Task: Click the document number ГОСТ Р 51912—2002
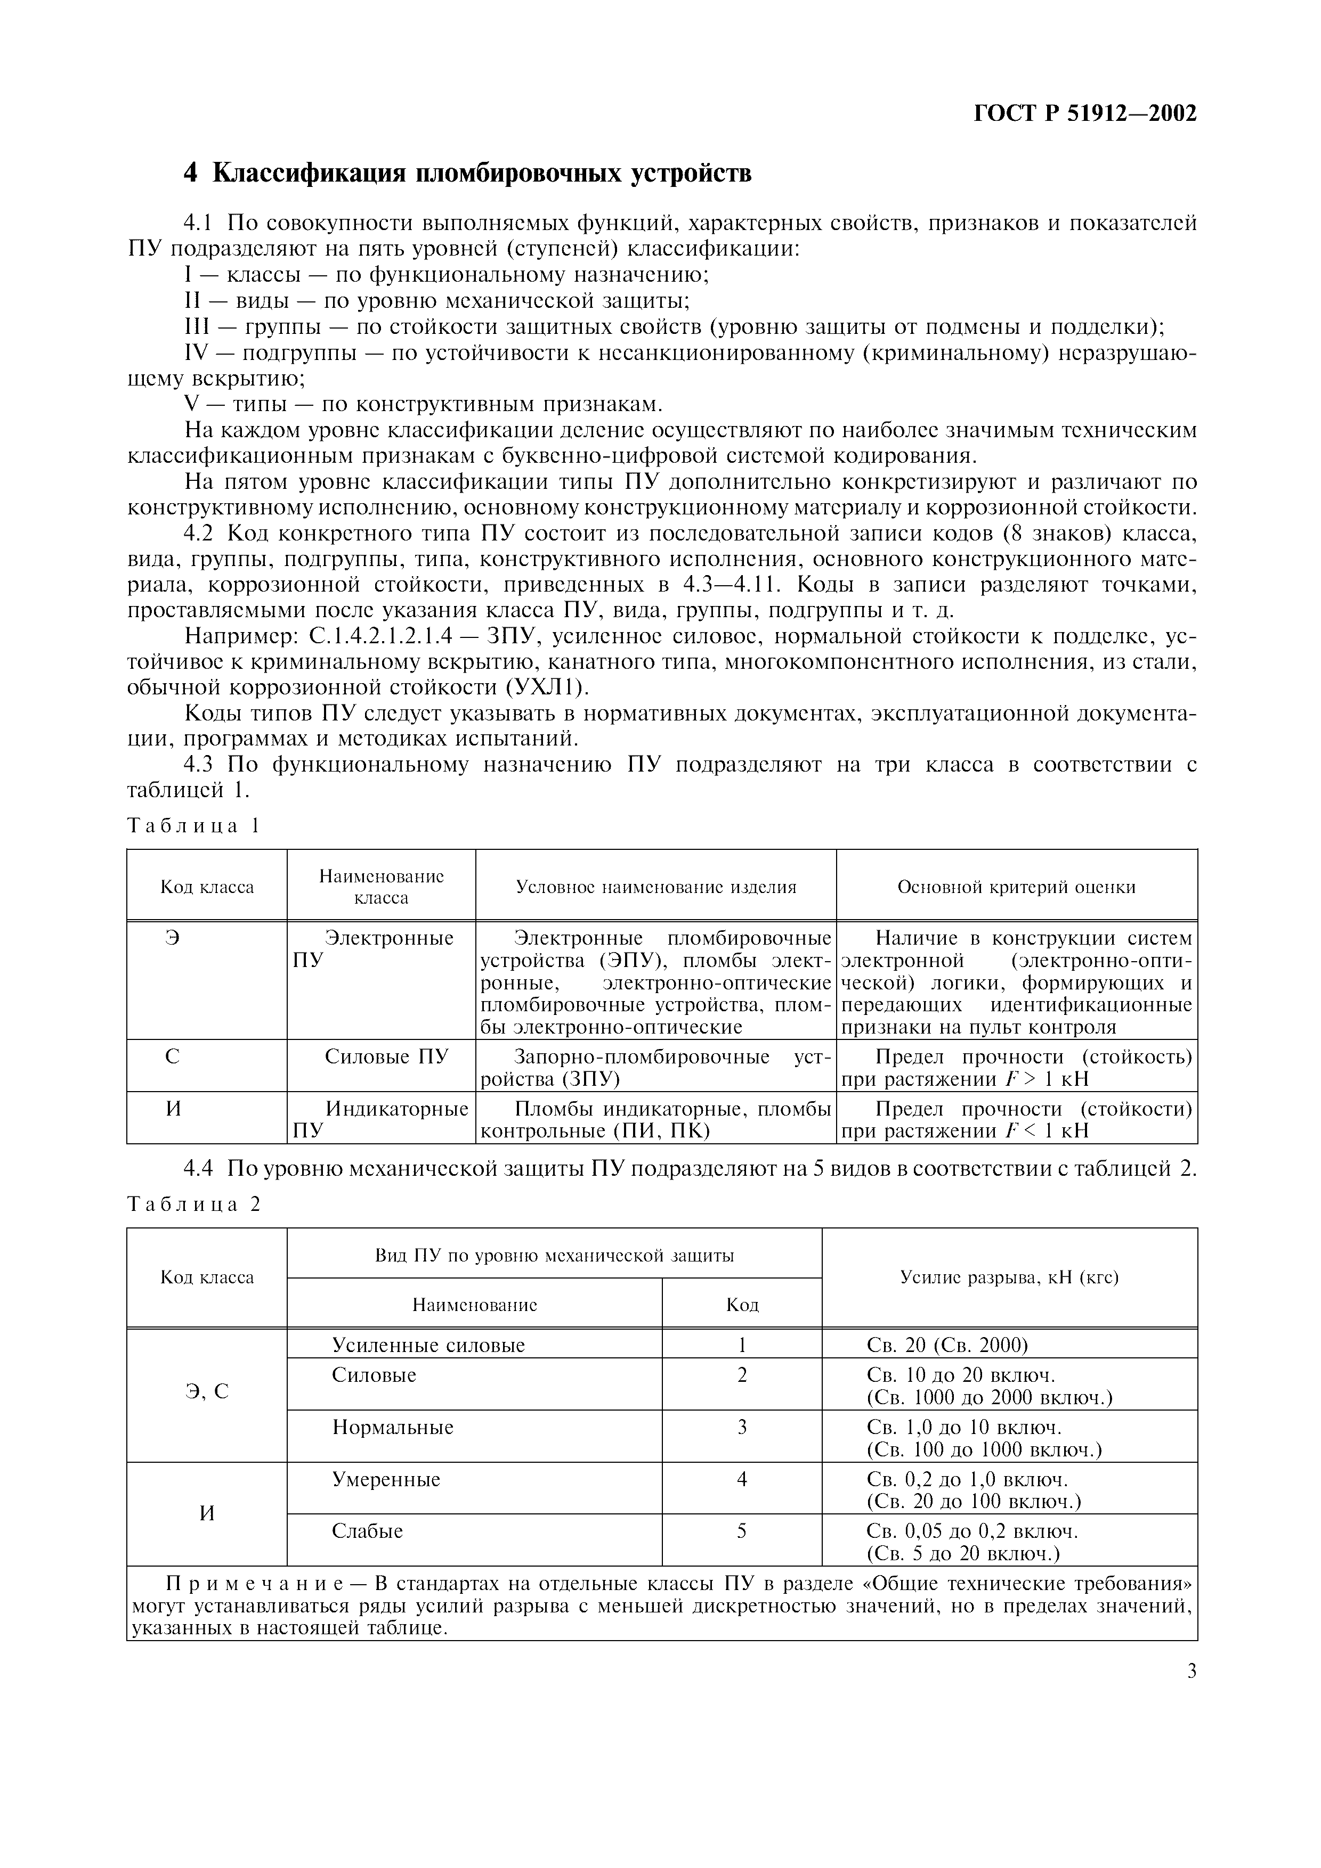[1085, 114]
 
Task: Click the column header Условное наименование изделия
[656, 887]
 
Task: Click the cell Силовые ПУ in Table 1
[387, 1057]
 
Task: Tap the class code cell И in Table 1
[173, 1109]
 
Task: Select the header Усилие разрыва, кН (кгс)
[1009, 1277]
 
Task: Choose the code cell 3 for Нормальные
[741, 1428]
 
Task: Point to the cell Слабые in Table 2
[367, 1531]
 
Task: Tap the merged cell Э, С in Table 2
[207, 1392]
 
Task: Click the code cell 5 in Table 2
[741, 1531]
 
